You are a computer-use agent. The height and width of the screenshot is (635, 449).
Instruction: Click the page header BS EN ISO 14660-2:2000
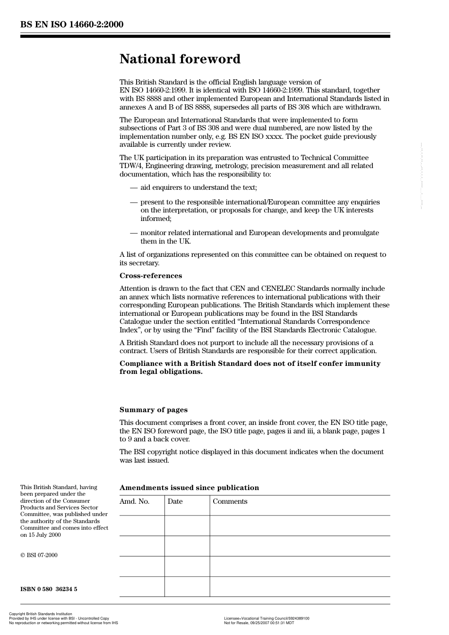[x=72, y=25]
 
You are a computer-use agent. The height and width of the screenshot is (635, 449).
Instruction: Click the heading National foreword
[x=180, y=59]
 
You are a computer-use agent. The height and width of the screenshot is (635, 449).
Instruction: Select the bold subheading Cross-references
[x=150, y=276]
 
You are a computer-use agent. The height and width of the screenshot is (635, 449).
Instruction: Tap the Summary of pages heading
[x=153, y=410]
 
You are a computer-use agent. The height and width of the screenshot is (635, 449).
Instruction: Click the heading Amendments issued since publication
[x=189, y=488]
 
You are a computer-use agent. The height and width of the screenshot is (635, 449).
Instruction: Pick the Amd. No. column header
[x=134, y=501]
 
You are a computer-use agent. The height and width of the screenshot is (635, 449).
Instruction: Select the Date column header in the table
[x=175, y=501]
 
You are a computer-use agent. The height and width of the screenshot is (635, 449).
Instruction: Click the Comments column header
[x=230, y=501]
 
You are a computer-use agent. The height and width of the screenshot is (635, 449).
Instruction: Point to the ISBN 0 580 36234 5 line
[x=49, y=589]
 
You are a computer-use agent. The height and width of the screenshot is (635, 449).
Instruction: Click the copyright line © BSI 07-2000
[x=39, y=555]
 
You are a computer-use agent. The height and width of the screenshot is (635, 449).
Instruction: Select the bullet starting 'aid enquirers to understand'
[x=199, y=187]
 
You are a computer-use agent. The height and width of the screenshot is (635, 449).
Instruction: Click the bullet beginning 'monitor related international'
[x=259, y=233]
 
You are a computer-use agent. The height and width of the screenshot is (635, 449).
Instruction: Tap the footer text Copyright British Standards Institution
[x=41, y=614]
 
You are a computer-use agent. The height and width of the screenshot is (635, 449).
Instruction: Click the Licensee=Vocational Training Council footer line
[x=267, y=618]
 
